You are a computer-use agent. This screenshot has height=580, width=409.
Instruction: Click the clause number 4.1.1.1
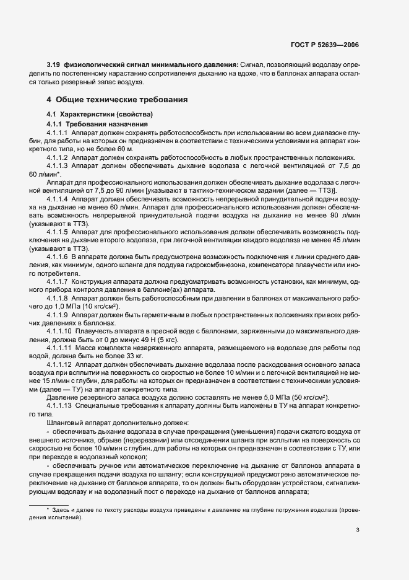(58, 133)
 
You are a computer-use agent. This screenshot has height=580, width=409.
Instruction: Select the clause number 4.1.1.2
(58, 158)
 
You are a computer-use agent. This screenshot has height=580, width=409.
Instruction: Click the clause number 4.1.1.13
(59, 413)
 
